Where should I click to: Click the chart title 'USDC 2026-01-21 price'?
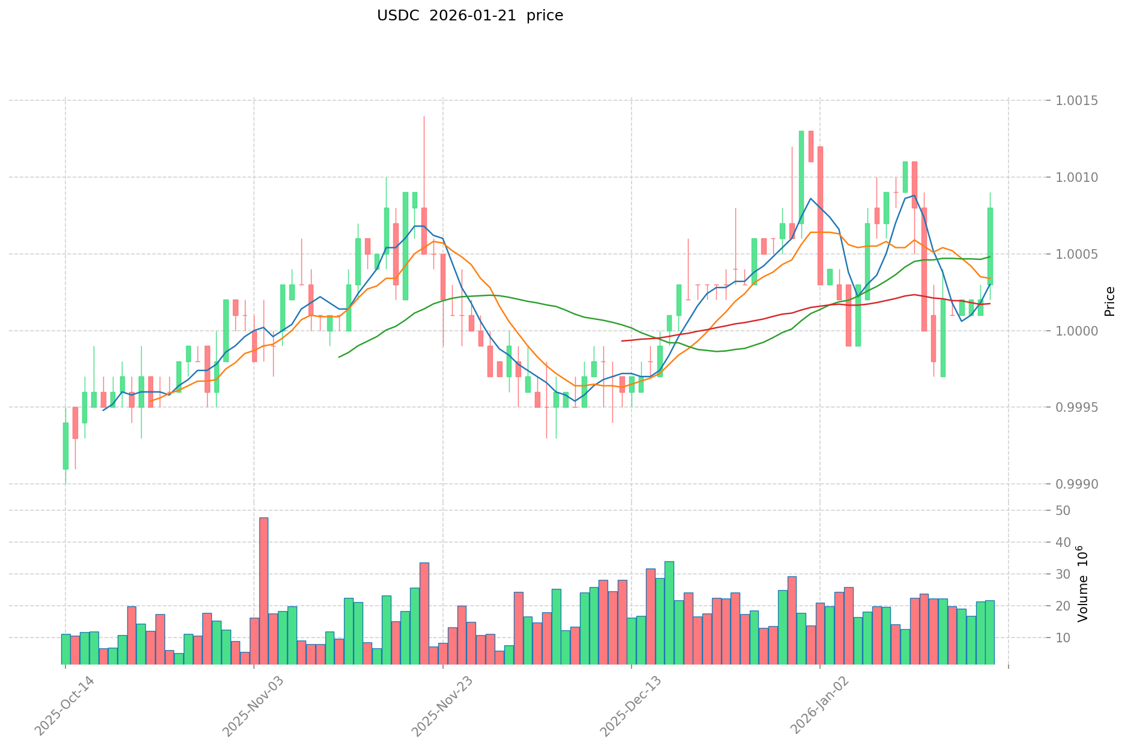pos(469,16)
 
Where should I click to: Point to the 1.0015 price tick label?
pos(1081,100)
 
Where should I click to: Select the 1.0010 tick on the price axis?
pos(1081,177)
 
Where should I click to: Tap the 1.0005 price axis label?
pos(1081,254)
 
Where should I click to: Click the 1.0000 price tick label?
pos(1081,331)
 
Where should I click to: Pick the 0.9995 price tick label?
pos(1081,408)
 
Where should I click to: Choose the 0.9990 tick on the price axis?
pos(1081,484)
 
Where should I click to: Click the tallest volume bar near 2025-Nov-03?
pos(264,591)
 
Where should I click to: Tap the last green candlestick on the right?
pos(990,246)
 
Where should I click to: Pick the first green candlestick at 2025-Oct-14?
pos(65,445)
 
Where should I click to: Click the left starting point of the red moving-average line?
pos(622,341)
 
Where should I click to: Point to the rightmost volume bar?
pos(990,632)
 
